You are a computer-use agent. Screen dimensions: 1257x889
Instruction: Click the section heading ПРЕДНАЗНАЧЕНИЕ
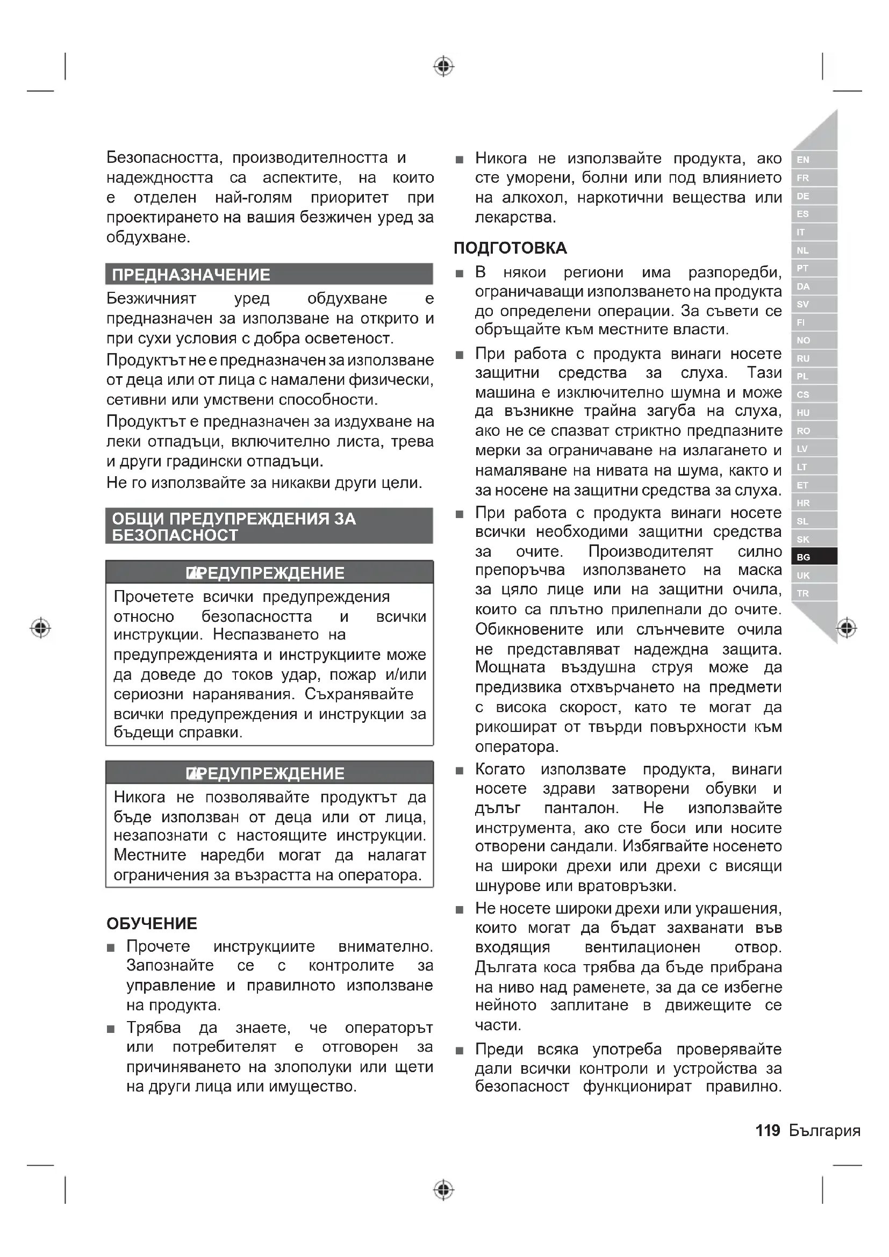(x=191, y=274)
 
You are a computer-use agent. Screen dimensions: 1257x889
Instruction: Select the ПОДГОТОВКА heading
(x=510, y=248)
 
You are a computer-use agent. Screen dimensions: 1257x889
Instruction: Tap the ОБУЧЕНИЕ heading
(x=152, y=924)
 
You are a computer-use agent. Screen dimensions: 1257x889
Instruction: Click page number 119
(x=768, y=1130)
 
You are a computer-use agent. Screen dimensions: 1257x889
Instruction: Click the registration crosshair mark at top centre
(x=443, y=66)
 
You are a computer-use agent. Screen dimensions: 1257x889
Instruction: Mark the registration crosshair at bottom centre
(x=443, y=1190)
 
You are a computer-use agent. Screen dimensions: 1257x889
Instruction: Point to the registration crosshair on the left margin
(x=40, y=627)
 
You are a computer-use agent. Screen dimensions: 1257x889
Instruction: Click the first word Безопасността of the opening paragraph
(x=164, y=157)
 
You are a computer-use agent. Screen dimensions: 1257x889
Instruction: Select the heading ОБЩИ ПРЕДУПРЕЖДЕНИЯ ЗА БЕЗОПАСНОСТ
(x=234, y=526)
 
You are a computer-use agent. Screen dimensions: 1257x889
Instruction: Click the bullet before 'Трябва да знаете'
(x=111, y=1029)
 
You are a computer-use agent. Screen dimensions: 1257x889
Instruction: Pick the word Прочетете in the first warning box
(x=154, y=596)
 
